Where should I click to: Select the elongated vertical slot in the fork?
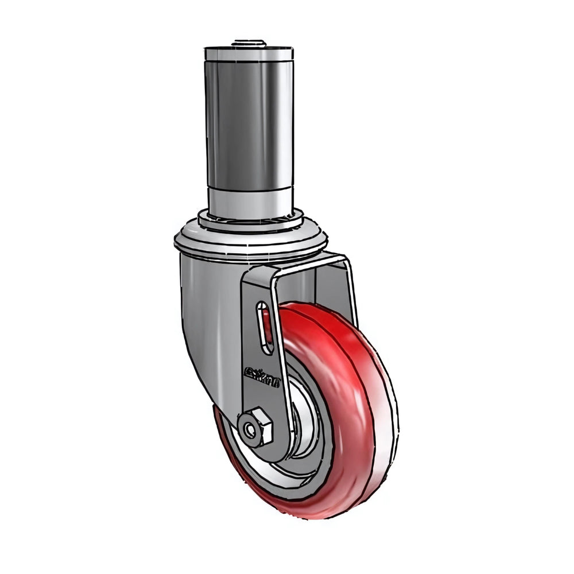tap(263, 327)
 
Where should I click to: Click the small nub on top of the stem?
tap(249, 42)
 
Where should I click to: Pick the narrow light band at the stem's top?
tap(249, 55)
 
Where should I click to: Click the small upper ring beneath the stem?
tap(250, 222)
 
